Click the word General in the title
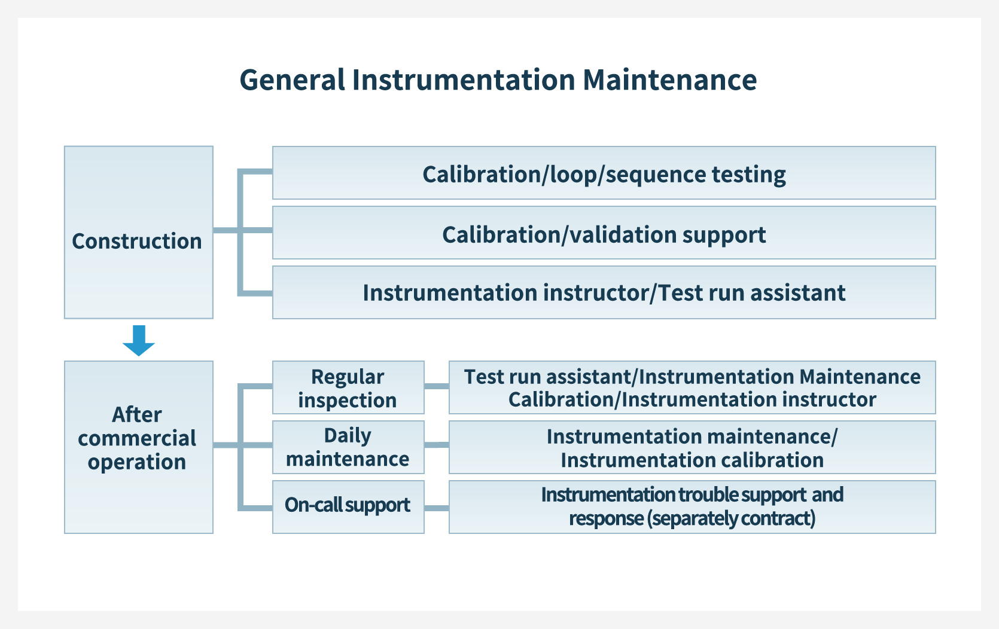(293, 80)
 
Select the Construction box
(138, 232)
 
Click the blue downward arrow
(139, 340)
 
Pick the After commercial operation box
(138, 447)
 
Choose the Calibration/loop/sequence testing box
(604, 173)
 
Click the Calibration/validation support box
(604, 233)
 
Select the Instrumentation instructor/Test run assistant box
(604, 292)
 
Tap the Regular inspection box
(348, 387)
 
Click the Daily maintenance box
(348, 447)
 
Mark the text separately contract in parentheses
(731, 518)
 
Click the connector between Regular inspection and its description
(437, 386)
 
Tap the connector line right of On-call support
(437, 508)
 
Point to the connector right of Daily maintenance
(437, 445)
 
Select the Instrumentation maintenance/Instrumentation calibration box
(692, 447)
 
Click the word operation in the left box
(137, 462)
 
